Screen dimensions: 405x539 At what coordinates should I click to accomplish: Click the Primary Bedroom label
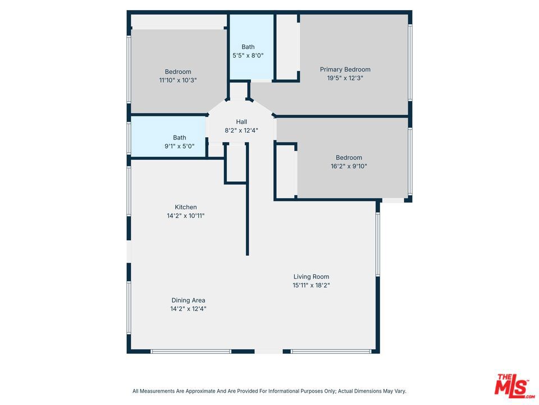[x=345, y=69]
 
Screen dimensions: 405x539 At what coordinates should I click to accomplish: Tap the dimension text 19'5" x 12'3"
[x=345, y=78]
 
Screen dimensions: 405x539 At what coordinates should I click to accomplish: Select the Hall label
[x=241, y=121]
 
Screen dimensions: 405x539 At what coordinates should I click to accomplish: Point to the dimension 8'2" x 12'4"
[x=241, y=130]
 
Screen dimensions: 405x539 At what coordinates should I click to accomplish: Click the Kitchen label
[x=185, y=207]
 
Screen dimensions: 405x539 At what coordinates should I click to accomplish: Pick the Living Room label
[x=311, y=276]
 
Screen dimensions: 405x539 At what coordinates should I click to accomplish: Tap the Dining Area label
[x=189, y=300]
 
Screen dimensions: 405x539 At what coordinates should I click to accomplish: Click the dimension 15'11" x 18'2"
[x=311, y=285]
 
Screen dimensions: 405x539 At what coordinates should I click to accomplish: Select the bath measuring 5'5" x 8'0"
[x=248, y=51]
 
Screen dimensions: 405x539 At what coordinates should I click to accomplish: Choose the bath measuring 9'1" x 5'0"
[x=179, y=141]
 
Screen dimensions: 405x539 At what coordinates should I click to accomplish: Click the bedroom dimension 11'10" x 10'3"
[x=177, y=80]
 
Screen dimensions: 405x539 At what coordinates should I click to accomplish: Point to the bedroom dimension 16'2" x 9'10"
[x=349, y=166]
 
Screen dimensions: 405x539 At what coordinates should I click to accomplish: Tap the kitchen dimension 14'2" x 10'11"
[x=185, y=216]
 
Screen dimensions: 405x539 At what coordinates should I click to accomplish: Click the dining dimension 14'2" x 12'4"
[x=189, y=309]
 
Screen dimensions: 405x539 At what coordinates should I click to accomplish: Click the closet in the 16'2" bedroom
[x=286, y=171]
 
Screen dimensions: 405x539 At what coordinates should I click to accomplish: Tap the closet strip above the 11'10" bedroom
[x=179, y=21]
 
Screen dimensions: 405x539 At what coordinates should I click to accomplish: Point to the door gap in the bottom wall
[x=268, y=351]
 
